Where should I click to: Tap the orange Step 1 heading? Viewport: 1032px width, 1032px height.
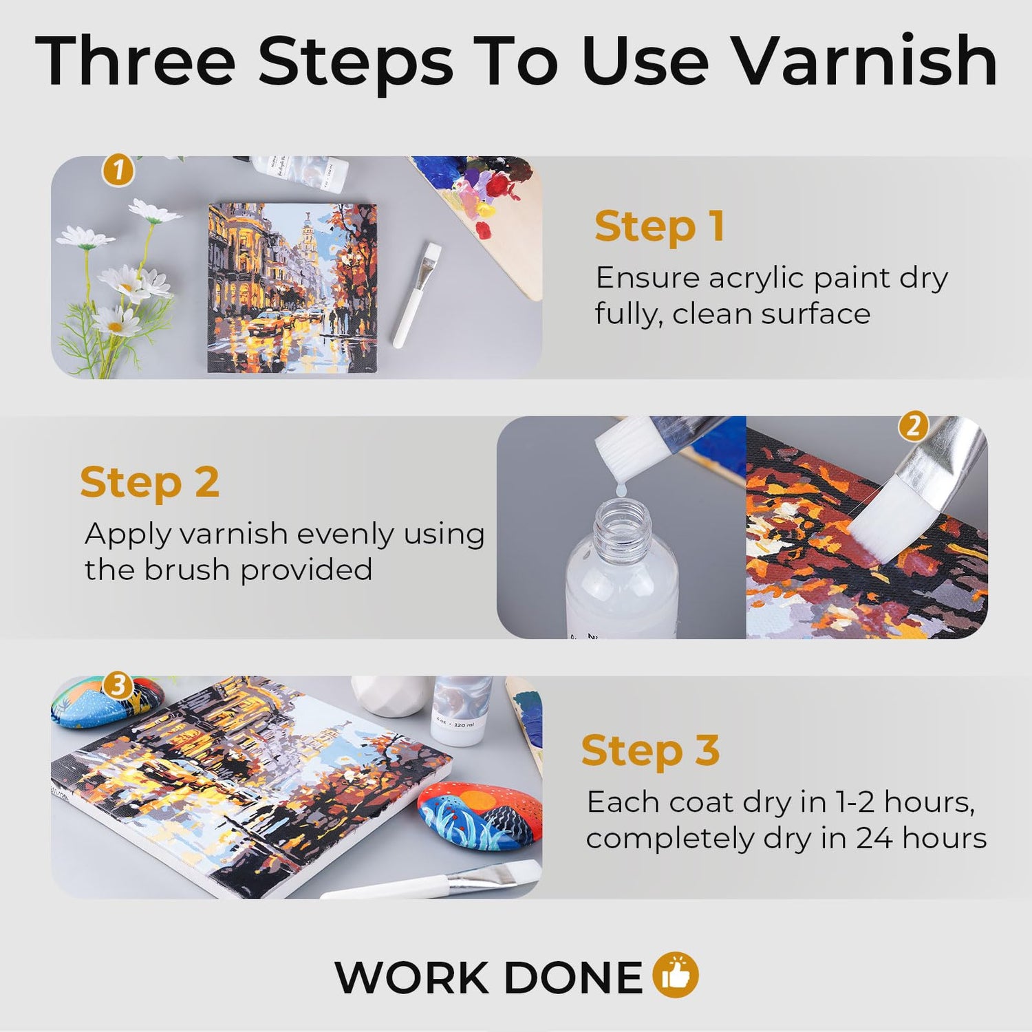click(660, 226)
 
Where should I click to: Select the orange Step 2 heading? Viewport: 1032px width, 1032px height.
click(150, 482)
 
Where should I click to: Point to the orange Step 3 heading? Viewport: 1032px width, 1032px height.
click(650, 750)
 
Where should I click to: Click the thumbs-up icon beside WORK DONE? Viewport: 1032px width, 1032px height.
click(675, 975)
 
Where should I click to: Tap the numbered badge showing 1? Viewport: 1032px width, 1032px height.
click(118, 170)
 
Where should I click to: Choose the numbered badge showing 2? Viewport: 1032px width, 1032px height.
click(914, 427)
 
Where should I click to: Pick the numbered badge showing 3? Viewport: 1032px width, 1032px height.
click(118, 685)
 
